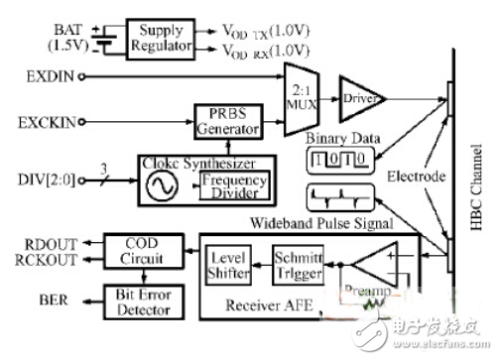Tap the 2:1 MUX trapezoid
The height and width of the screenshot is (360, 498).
pyautogui.click(x=301, y=100)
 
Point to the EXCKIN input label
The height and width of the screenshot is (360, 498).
pyautogui.click(x=43, y=125)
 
